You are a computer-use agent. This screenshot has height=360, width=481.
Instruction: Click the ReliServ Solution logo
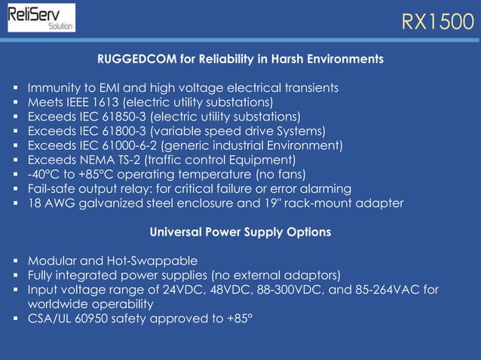click(41, 17)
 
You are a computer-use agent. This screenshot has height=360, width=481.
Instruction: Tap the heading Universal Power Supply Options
click(240, 232)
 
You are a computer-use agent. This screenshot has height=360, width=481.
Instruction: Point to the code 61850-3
click(118, 117)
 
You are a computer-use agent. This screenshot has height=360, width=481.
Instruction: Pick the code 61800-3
click(118, 131)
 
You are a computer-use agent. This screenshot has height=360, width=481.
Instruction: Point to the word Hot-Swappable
click(157, 261)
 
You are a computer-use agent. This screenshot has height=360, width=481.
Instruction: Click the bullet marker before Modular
click(16, 261)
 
